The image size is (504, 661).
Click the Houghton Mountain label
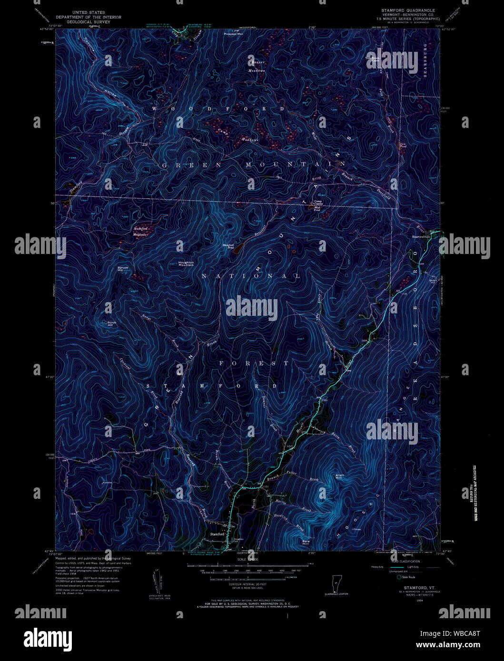click(x=186, y=263)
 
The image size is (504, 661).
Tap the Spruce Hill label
click(x=123, y=269)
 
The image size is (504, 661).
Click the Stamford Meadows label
click(x=140, y=232)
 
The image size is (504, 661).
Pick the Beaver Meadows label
click(x=257, y=66)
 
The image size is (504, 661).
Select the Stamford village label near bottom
click(x=217, y=535)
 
